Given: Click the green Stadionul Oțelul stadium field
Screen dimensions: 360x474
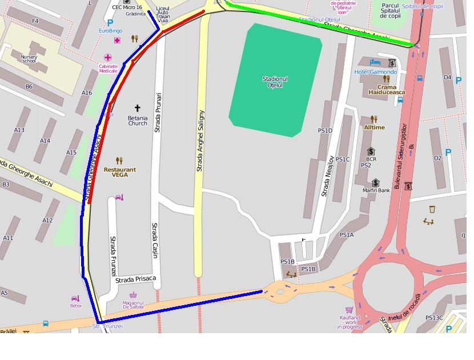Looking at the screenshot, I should click(x=275, y=80).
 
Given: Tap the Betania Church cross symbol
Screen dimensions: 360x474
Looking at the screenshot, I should click(x=137, y=108).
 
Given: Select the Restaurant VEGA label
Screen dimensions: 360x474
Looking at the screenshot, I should click(x=120, y=172).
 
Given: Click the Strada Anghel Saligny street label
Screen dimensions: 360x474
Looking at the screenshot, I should click(x=200, y=141).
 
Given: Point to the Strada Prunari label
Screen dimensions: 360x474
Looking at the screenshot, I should click(x=158, y=112).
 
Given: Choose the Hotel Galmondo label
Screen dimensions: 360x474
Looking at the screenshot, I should click(x=375, y=72).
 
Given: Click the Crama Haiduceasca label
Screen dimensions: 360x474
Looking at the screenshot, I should click(x=387, y=90).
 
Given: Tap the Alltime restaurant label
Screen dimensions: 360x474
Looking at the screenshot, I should click(x=374, y=128).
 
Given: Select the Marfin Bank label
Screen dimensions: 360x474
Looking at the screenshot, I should click(x=376, y=191).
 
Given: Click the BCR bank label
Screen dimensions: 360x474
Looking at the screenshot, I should click(x=371, y=160).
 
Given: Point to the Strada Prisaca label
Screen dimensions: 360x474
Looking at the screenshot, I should click(x=135, y=280).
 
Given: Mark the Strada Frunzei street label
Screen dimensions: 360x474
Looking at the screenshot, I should click(x=113, y=256).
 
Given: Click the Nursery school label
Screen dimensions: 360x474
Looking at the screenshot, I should click(x=29, y=59).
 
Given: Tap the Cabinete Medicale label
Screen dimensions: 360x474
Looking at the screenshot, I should click(x=108, y=68).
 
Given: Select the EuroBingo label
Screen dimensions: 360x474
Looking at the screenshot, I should click(x=110, y=31).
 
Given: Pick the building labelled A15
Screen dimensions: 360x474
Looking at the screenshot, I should click(x=71, y=152).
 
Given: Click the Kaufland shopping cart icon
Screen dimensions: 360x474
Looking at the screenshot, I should click(x=349, y=310).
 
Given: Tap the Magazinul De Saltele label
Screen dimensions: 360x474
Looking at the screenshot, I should click(x=133, y=305).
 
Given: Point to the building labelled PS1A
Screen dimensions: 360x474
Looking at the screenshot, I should click(x=347, y=234).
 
